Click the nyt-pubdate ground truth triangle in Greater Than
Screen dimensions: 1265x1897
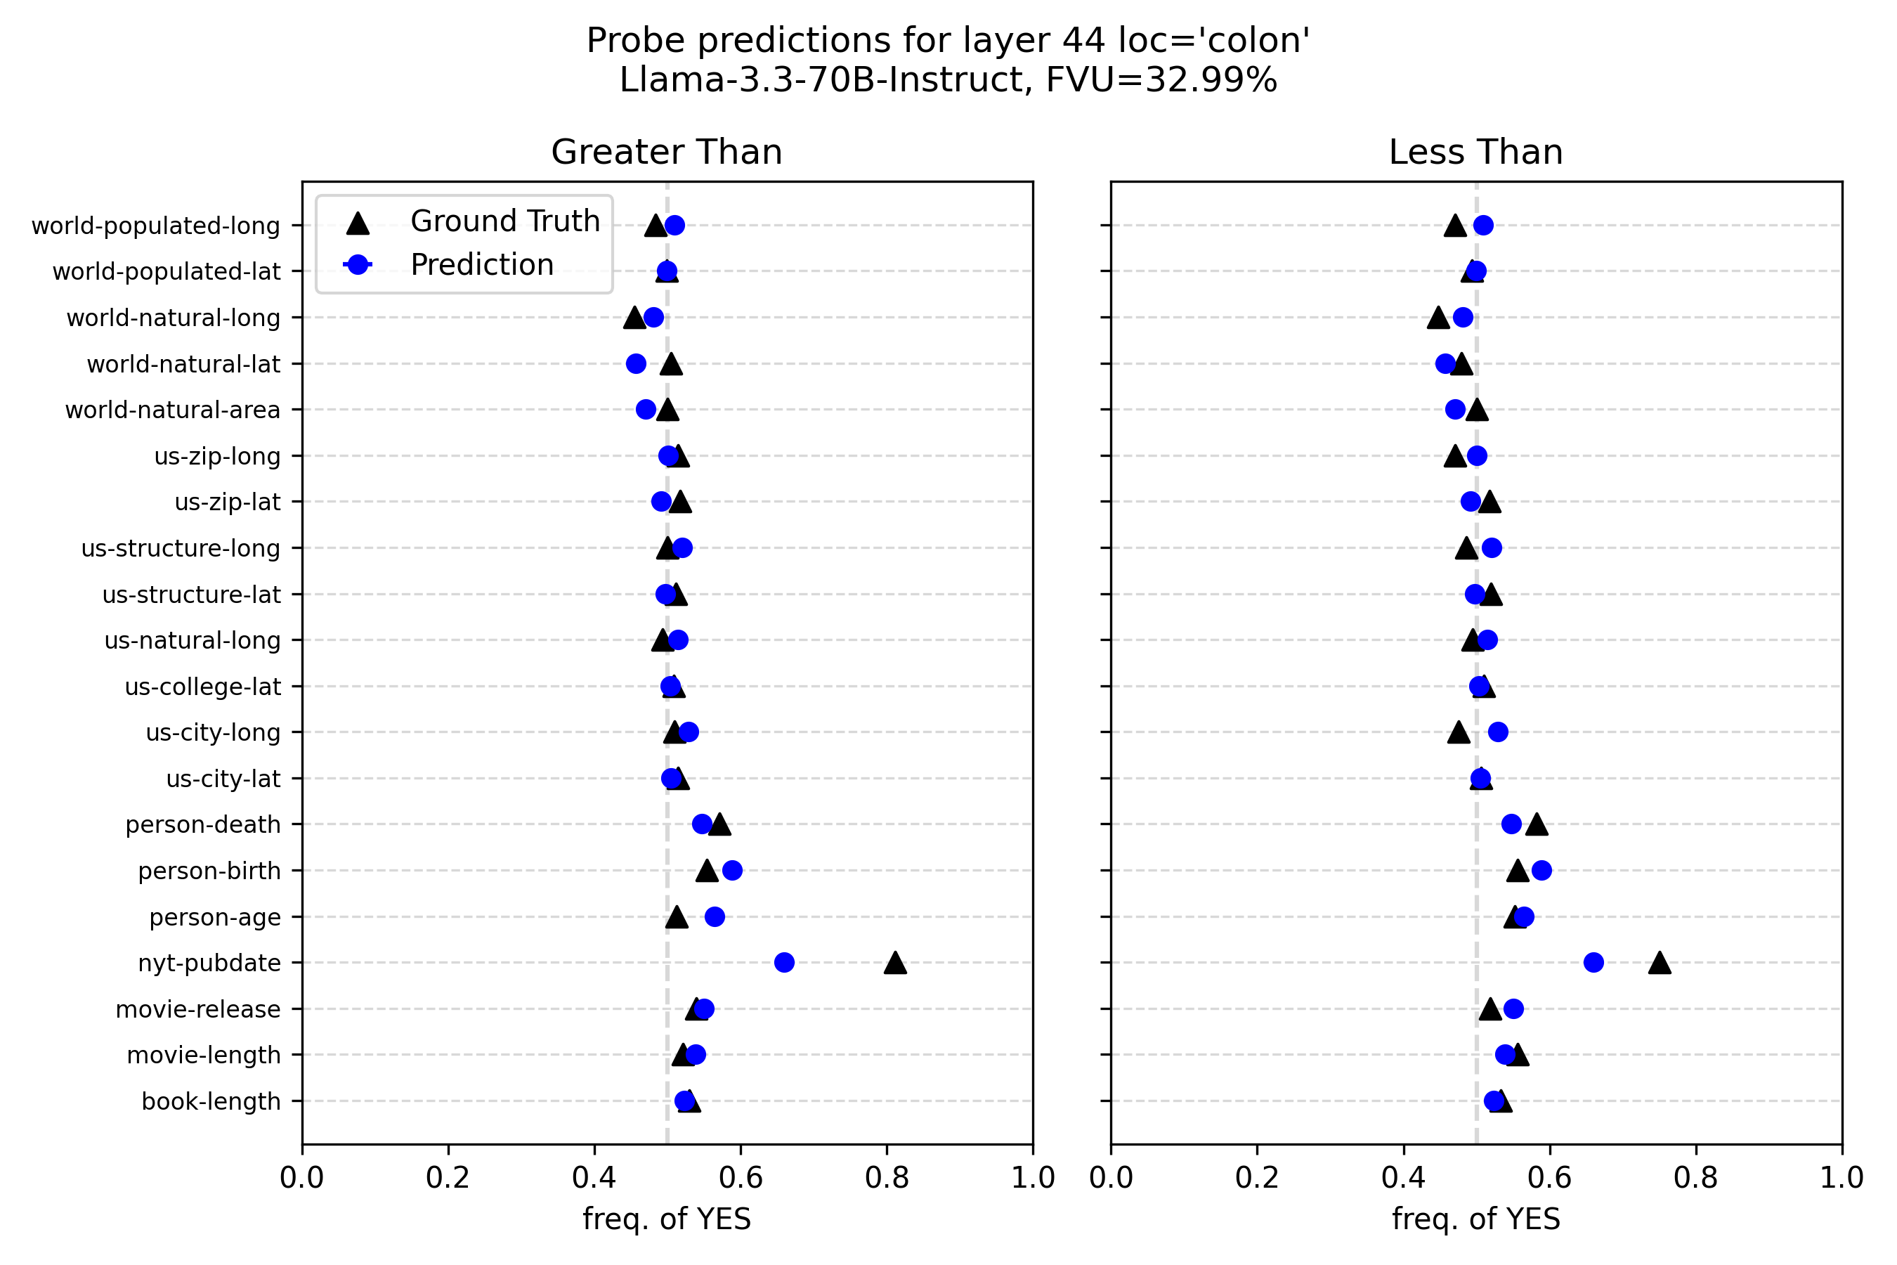tap(894, 964)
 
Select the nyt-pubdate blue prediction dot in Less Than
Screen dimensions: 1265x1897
tap(1593, 963)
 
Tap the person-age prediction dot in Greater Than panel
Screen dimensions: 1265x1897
tap(715, 916)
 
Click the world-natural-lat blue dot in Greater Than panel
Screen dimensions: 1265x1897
tap(637, 364)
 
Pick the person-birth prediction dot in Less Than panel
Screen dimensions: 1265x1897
tap(1541, 871)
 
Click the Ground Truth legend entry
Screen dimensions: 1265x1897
tap(505, 221)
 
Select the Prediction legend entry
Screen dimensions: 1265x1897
tap(481, 265)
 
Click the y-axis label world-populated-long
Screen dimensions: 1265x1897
tap(156, 226)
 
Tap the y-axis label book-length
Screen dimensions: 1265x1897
tap(211, 1101)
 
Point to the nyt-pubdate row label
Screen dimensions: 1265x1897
tap(209, 964)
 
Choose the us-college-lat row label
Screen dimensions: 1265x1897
tap(202, 687)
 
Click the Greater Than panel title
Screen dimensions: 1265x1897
tap(667, 152)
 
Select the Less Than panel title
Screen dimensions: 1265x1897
tap(1476, 152)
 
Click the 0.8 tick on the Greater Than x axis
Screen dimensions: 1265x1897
tap(887, 1179)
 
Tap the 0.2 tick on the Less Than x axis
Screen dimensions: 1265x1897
tap(1257, 1179)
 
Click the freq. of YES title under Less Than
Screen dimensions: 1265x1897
tap(1476, 1219)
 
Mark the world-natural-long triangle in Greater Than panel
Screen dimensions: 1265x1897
tap(634, 318)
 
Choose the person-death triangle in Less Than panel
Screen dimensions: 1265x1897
tap(1537, 824)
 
